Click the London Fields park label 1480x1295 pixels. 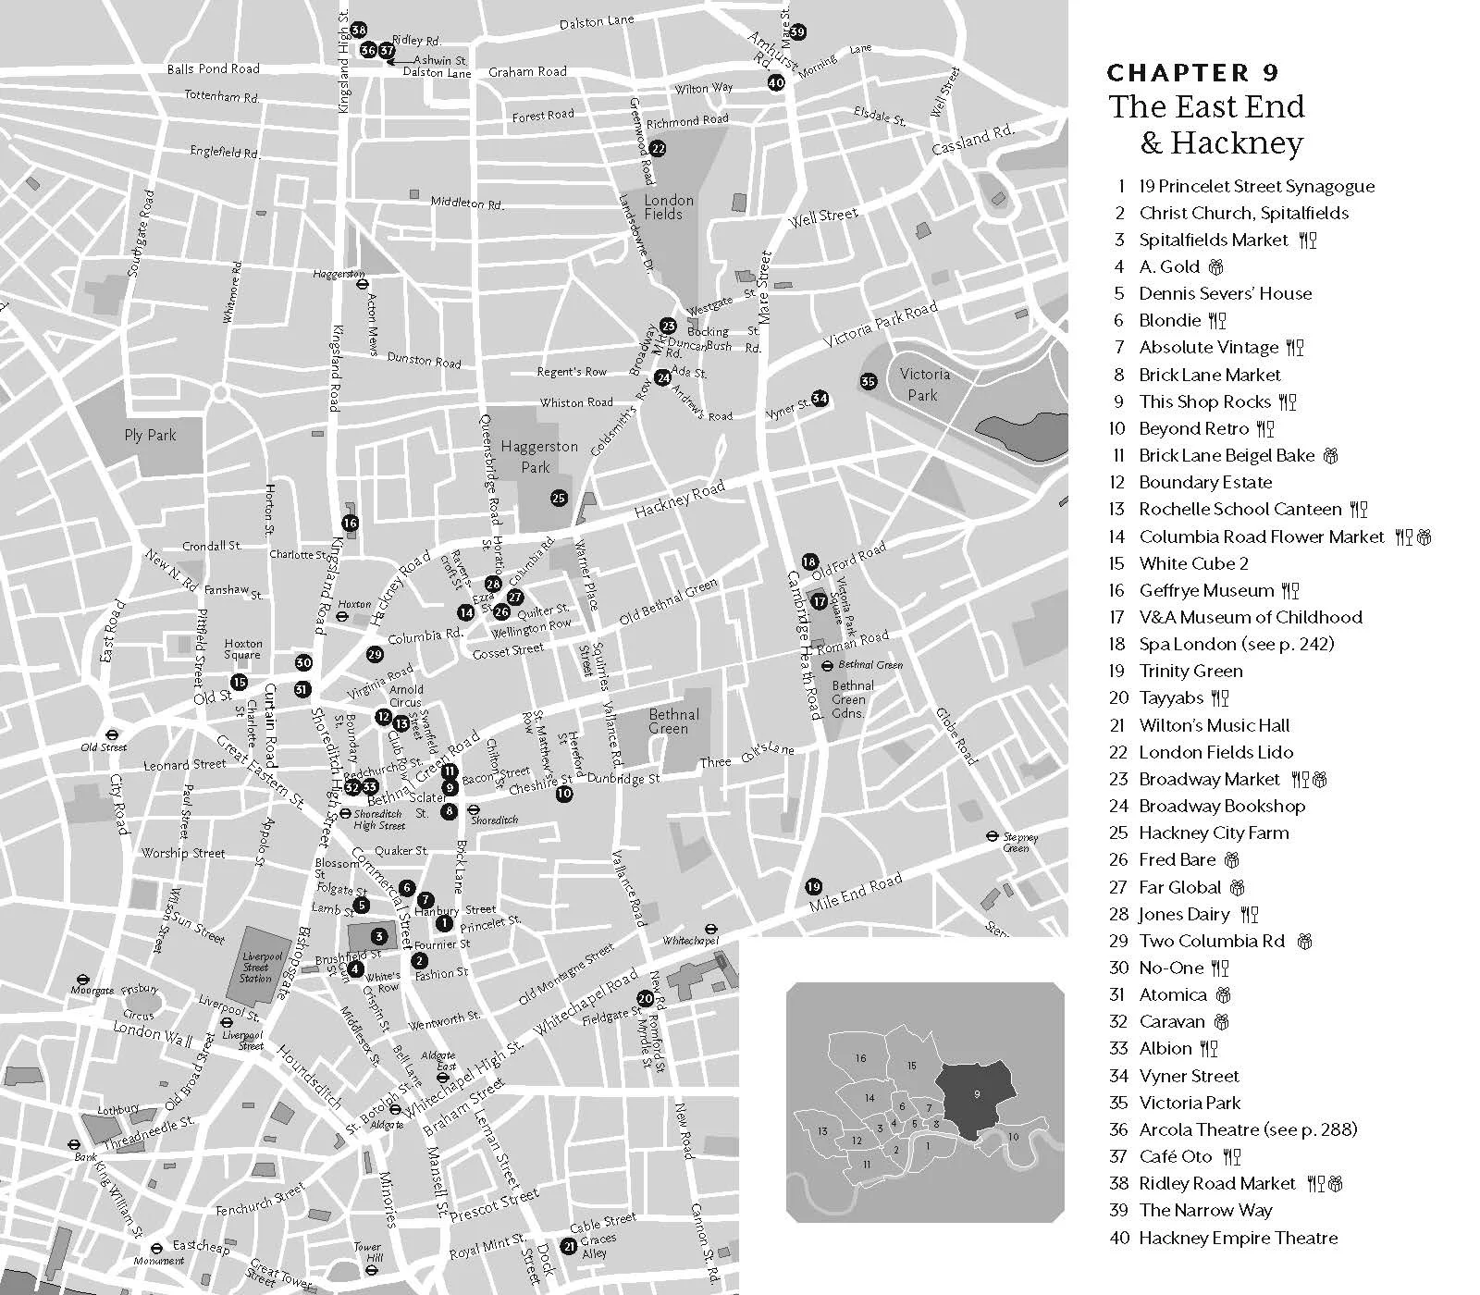[668, 207]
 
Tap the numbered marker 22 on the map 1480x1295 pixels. [658, 148]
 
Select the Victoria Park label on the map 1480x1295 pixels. [923, 385]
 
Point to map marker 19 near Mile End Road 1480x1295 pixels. [814, 887]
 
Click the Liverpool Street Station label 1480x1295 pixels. [256, 967]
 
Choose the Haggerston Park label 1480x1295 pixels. [538, 457]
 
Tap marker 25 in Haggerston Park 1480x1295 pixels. [558, 498]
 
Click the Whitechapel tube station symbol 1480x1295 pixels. [711, 929]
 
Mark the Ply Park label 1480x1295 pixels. [150, 435]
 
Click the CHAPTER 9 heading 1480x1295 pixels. [1193, 73]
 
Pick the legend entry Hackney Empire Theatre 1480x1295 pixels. [1238, 1238]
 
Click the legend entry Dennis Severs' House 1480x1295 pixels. [1225, 293]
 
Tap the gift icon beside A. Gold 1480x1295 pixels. [1215, 267]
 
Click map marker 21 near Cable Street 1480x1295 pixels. [569, 1247]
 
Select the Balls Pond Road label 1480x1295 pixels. [214, 68]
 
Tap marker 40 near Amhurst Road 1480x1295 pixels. [776, 82]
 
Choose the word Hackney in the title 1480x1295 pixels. [1236, 143]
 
